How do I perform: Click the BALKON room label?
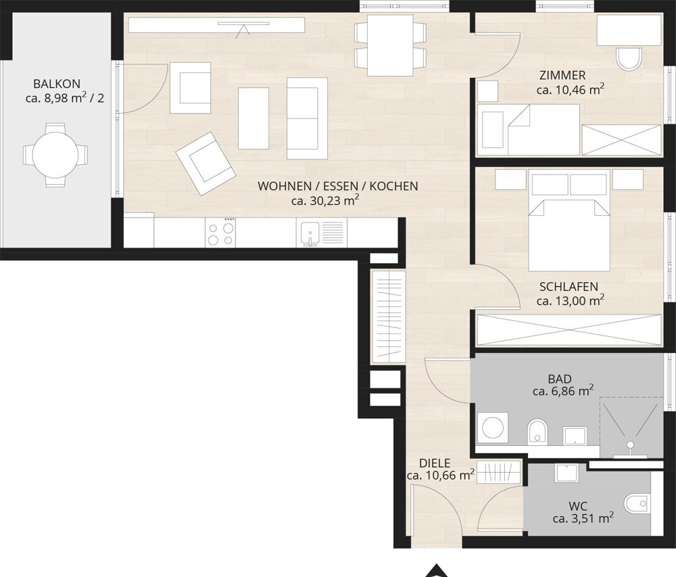57,84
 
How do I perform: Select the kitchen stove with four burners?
220,232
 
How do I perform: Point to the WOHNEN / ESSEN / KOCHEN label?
337,186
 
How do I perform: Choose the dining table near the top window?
390,45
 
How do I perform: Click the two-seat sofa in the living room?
307,118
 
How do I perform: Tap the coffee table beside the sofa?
254,118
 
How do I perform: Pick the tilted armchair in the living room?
206,163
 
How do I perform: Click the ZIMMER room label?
562,76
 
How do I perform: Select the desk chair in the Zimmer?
629,59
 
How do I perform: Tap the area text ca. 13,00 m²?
570,300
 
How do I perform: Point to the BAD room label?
560,379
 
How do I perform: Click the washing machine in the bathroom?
492,428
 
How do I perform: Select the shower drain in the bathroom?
631,444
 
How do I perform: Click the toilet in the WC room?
636,503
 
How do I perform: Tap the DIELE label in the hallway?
435,463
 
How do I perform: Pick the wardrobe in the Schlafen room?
569,329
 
